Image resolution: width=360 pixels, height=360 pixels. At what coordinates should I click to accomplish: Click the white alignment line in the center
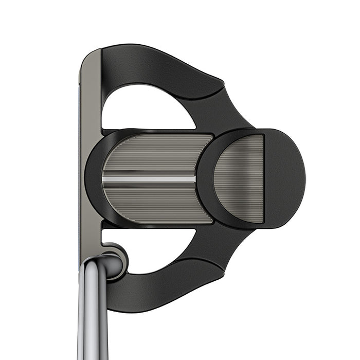149,179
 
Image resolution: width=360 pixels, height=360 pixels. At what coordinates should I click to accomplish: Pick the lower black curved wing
154,288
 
